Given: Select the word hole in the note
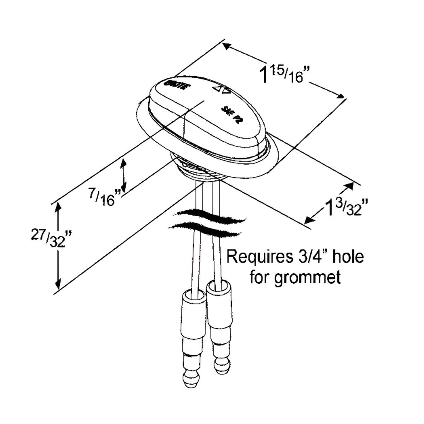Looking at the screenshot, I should pos(348,257).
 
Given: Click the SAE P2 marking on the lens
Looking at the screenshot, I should pos(231,115).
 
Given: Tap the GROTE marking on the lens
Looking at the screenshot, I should pos(177,85).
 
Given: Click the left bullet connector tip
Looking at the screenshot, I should pos(190,379).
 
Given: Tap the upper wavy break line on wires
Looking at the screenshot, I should pos(211,214).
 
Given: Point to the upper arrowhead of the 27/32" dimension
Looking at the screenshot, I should pos(58,207).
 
